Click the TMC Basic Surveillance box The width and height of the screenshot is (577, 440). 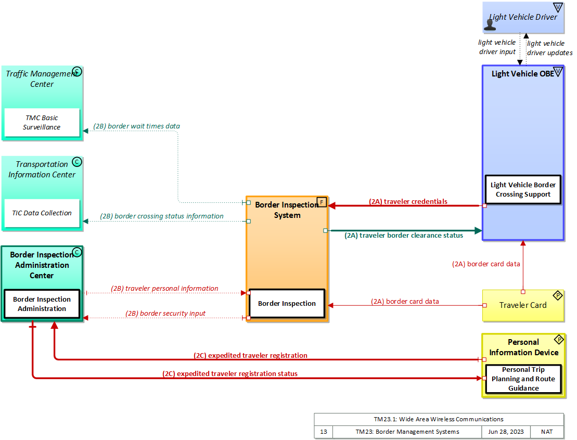[42, 123]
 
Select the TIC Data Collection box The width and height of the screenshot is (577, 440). [42, 213]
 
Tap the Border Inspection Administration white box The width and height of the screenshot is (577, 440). [42, 304]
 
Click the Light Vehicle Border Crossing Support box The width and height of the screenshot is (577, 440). [523, 189]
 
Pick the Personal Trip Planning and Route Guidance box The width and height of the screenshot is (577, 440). [523, 379]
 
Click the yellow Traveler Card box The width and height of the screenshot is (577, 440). [523, 305]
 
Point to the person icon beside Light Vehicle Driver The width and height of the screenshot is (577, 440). [490, 22]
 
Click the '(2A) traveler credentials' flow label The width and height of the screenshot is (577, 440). [408, 201]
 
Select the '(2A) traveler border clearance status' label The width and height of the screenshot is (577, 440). [403, 235]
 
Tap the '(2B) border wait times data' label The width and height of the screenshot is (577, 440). [136, 126]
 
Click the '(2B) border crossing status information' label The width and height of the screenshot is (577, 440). [161, 216]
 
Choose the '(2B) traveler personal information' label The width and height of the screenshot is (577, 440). [164, 288]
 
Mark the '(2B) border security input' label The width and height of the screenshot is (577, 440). [165, 313]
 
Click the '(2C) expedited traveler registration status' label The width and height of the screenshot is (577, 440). [229, 373]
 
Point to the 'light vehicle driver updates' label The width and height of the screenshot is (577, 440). [549, 48]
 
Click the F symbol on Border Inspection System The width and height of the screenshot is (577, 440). [322, 202]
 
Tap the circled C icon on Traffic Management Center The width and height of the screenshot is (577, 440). [76, 71]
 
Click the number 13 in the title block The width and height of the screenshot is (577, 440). [323, 432]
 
